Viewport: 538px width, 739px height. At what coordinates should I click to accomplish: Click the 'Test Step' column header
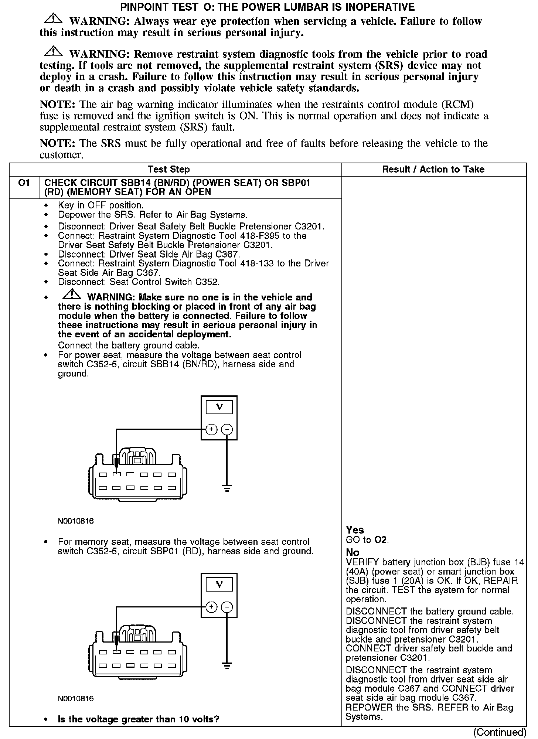(168, 170)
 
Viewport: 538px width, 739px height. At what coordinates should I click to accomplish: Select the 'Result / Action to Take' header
(433, 170)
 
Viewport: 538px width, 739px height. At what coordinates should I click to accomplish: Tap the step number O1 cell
(24, 183)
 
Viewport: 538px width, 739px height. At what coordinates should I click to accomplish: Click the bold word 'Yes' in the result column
(355, 530)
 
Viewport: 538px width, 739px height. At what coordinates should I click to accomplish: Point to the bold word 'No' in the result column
(353, 552)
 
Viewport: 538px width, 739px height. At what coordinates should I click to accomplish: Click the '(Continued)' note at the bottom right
(500, 732)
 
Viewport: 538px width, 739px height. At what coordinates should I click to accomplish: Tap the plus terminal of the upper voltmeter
(211, 429)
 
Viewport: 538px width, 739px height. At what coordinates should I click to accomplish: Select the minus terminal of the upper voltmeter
(227, 429)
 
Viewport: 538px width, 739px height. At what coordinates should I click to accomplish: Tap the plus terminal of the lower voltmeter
(211, 607)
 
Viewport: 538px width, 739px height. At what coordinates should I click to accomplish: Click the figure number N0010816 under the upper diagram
(76, 521)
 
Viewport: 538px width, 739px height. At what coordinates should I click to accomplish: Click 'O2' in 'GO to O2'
(381, 540)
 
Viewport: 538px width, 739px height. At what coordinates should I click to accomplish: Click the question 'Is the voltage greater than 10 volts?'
(139, 719)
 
